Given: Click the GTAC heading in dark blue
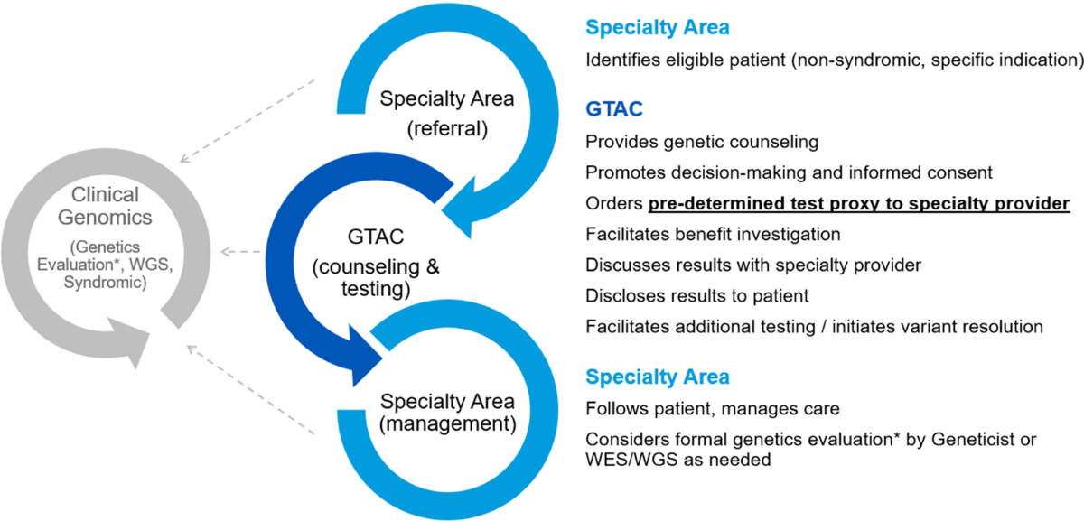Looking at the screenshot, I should [614, 110].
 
